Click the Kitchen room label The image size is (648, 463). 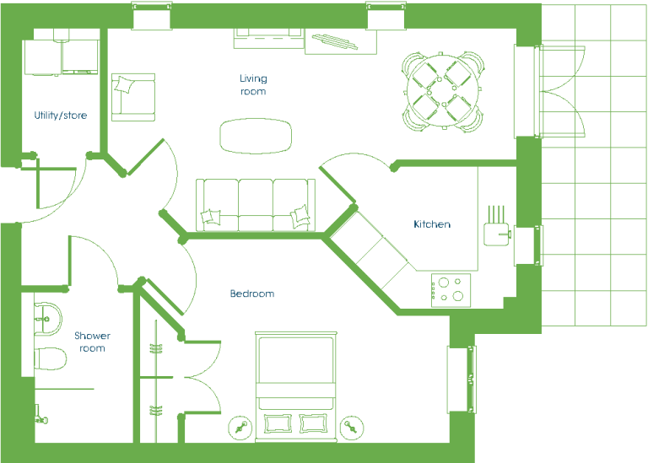pos(432,224)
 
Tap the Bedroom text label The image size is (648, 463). pos(252,293)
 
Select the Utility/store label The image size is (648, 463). pos(61,116)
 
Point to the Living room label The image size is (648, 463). pos(253,84)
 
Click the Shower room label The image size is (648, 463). pos(92,342)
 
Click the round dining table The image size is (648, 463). pos(443,91)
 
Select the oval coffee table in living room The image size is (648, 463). pos(256,136)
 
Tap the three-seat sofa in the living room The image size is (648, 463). pos(256,205)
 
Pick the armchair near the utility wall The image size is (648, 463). pos(133,98)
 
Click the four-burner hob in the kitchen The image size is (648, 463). pos(451,290)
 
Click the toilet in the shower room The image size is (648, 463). pos(50,358)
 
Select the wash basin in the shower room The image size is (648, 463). pos(47,319)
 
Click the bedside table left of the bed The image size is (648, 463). pos(240,428)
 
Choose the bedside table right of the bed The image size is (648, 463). pos(352,428)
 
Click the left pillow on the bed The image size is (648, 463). pos(278,423)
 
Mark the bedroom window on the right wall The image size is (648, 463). pos(462,380)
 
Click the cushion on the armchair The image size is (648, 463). pos(124,84)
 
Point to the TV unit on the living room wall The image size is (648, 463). pos(268,39)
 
